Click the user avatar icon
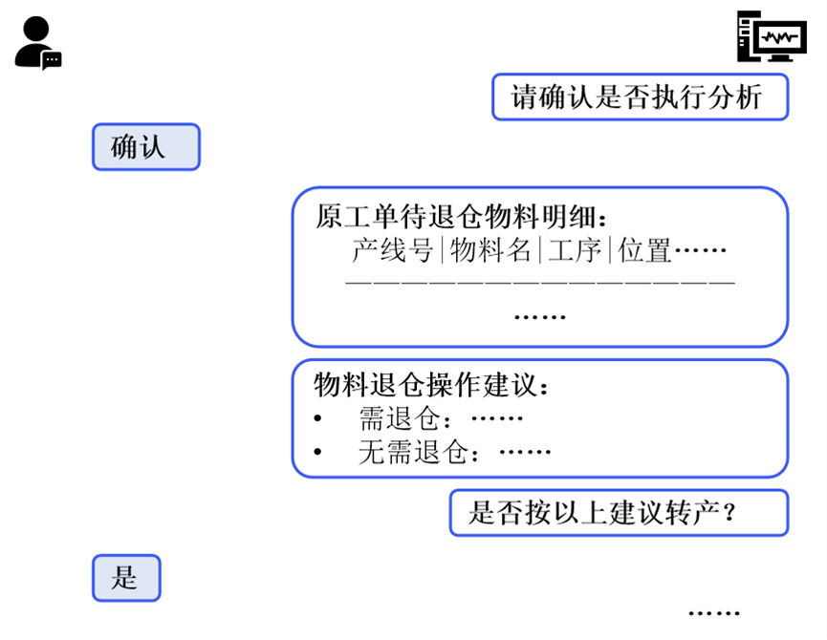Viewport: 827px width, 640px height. tap(35, 42)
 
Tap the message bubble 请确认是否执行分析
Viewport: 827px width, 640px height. tap(640, 97)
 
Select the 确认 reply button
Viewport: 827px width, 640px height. tap(145, 147)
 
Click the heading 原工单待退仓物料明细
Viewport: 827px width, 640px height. tap(462, 215)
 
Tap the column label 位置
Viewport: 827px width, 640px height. tap(644, 251)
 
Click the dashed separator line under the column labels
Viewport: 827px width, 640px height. tap(540, 283)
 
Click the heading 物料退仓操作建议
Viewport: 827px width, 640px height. tap(432, 386)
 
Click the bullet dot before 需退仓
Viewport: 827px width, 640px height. tap(318, 419)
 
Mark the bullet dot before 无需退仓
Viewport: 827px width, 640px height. tap(318, 453)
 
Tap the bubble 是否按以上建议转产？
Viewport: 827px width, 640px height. tap(619, 513)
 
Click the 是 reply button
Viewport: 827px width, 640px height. tap(126, 578)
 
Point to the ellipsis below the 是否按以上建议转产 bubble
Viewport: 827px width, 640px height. tap(713, 613)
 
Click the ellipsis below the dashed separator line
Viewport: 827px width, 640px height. tap(540, 315)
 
